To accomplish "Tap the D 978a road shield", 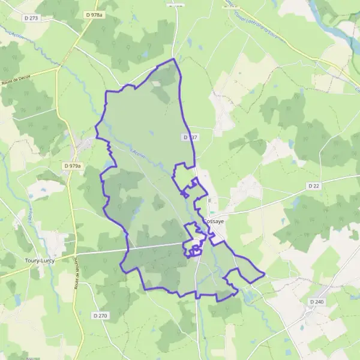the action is [x=94, y=14].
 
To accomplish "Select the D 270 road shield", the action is [x=100, y=316].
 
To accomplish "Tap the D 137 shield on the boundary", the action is [x=189, y=137].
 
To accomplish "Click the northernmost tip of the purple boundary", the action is [x=174, y=59].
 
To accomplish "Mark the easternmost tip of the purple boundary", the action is [x=265, y=275].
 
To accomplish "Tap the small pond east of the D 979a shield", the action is [x=109, y=163].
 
